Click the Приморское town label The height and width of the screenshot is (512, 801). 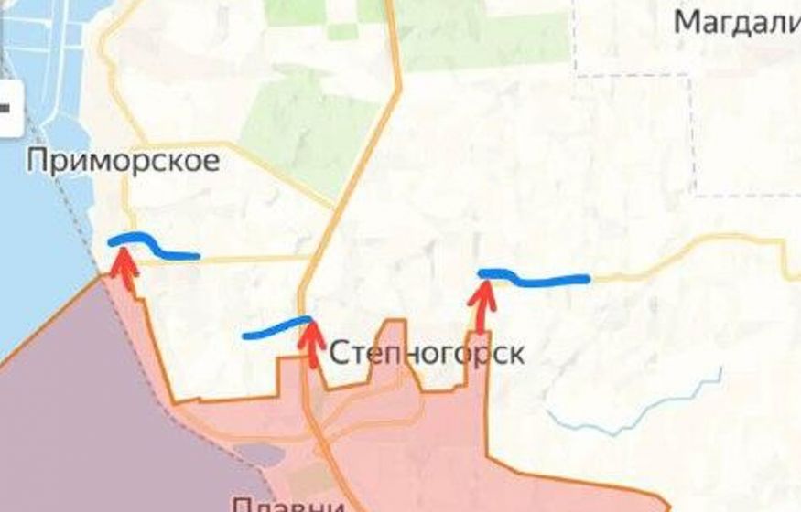pyautogui.click(x=123, y=162)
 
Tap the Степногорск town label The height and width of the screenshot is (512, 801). pyautogui.click(x=426, y=354)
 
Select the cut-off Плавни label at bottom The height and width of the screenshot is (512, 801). pyautogui.click(x=287, y=504)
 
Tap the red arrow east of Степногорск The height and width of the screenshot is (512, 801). pyautogui.click(x=481, y=305)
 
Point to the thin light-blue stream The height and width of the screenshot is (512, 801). pyautogui.click(x=641, y=411)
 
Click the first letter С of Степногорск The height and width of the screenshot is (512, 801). pyautogui.click(x=337, y=354)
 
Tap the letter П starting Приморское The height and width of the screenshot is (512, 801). pyautogui.click(x=38, y=162)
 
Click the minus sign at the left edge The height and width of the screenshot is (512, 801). pyautogui.click(x=5, y=107)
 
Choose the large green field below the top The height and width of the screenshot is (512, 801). pyautogui.click(x=302, y=128)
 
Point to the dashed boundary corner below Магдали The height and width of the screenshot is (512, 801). pyautogui.click(x=694, y=194)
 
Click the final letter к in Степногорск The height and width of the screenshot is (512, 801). pyautogui.click(x=516, y=354)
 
